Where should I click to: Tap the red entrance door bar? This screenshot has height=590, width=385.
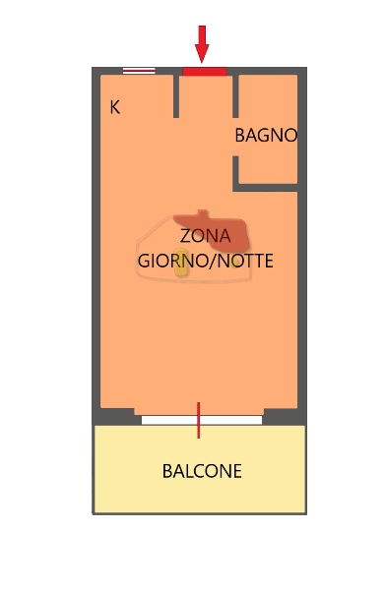coord(205,71)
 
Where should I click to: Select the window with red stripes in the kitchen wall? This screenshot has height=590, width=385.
coord(139,71)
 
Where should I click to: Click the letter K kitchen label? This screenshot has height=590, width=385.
coord(115,108)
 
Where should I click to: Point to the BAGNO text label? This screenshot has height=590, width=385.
coord(265,136)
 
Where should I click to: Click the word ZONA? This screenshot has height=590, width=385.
coord(205,237)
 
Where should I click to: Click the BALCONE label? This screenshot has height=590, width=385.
coord(202,472)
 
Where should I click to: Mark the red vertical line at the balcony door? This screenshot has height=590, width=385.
coord(199,420)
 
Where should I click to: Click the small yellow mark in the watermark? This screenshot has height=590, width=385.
coord(181,268)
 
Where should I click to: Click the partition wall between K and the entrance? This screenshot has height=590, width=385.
coord(176,95)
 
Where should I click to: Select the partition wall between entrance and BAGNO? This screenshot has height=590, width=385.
coord(235,95)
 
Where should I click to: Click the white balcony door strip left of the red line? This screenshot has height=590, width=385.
coord(168,420)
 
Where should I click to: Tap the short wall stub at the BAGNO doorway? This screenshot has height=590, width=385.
coord(236,173)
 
